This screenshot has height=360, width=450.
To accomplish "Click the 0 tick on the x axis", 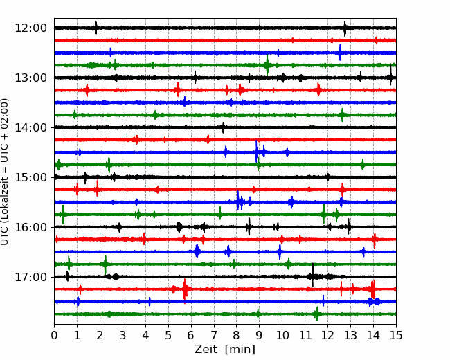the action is point(54,335).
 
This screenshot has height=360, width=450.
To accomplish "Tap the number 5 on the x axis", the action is point(168,335).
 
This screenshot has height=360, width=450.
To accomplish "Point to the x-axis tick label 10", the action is point(282,335).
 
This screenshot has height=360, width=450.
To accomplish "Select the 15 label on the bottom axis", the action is point(396,335).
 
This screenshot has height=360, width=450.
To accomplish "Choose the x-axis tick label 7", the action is point(214,335).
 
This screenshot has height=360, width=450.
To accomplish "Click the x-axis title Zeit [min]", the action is point(225,350).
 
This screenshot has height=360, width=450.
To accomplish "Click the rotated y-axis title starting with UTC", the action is point(4,172).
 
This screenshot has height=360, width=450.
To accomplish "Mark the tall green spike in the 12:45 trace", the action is point(267,65).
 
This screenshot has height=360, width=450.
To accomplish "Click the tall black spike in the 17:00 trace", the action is point(312,275).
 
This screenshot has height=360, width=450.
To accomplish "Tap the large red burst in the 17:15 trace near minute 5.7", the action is point(185,289).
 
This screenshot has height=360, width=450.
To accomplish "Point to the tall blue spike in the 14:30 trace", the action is point(256,152).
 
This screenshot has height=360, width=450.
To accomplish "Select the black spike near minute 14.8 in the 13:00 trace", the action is point(390,75).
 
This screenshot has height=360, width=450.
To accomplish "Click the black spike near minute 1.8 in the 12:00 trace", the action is point(96,28).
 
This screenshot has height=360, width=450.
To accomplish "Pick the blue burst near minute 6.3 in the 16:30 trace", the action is point(197,251).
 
